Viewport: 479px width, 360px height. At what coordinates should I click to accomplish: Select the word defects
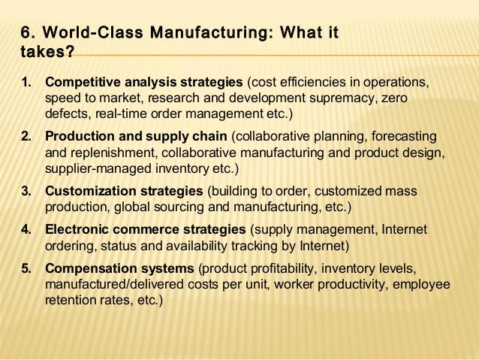[x=66, y=114]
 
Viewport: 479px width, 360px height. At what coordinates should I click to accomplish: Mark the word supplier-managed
[x=93, y=170]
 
